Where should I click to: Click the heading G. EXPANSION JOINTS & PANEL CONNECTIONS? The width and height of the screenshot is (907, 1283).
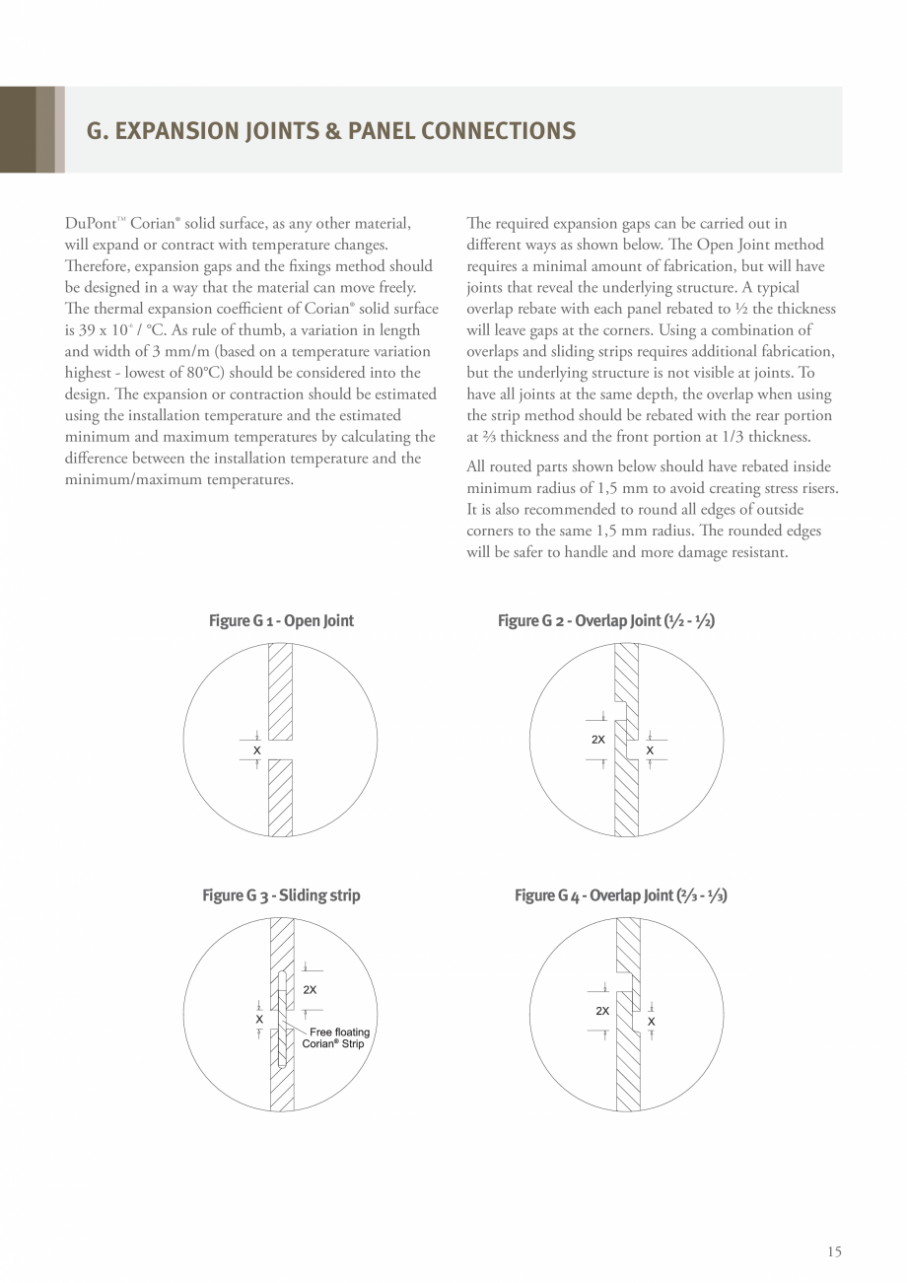click(331, 131)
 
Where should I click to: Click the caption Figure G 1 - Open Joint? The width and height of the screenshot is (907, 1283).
click(281, 620)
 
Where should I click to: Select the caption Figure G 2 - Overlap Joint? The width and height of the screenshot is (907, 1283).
click(606, 620)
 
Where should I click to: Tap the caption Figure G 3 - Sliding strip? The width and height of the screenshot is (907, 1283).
click(281, 895)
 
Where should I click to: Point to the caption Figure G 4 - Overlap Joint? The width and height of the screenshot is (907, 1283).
click(620, 895)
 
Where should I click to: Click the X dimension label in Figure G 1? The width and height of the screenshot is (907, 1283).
click(256, 750)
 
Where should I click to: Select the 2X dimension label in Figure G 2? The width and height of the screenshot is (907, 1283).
click(598, 740)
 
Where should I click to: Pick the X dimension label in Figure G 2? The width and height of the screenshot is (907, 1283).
click(650, 750)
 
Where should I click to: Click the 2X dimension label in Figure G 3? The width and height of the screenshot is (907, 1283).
click(310, 989)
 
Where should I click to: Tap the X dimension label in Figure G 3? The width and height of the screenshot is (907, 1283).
click(259, 1019)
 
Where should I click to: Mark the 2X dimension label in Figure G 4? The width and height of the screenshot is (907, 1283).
click(602, 1011)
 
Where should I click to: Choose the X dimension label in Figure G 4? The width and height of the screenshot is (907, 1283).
click(652, 1021)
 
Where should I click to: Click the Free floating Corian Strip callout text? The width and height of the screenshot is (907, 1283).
click(336, 1037)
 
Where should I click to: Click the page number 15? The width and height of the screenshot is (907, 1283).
click(834, 1251)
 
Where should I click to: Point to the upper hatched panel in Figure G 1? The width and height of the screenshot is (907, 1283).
click(280, 690)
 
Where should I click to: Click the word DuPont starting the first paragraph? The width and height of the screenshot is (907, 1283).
click(88, 224)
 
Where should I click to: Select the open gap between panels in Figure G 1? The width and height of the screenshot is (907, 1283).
click(280, 749)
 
